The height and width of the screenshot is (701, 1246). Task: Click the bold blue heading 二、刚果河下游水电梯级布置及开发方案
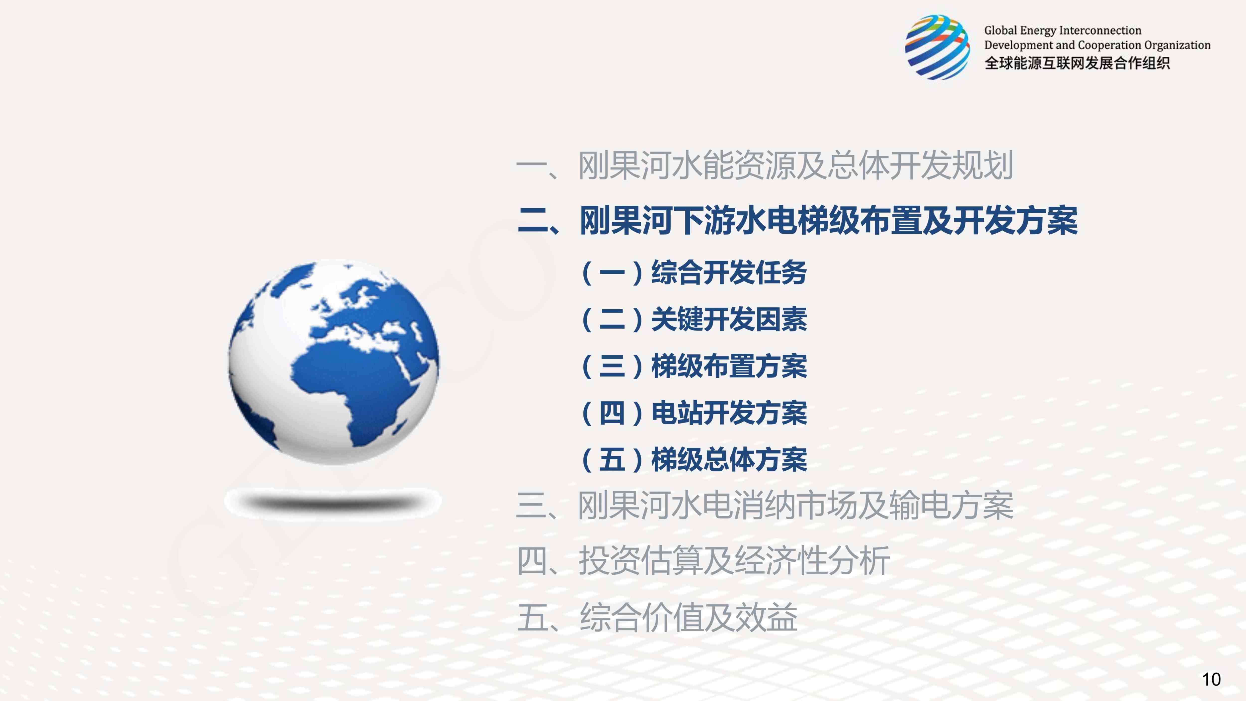[x=797, y=221]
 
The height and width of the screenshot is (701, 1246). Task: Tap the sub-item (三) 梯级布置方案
[x=694, y=366]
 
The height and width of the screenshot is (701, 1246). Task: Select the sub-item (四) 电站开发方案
[x=694, y=413]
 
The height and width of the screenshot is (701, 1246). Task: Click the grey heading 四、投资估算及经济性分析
[x=703, y=561]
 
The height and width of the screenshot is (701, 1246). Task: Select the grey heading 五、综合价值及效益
[x=657, y=617]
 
